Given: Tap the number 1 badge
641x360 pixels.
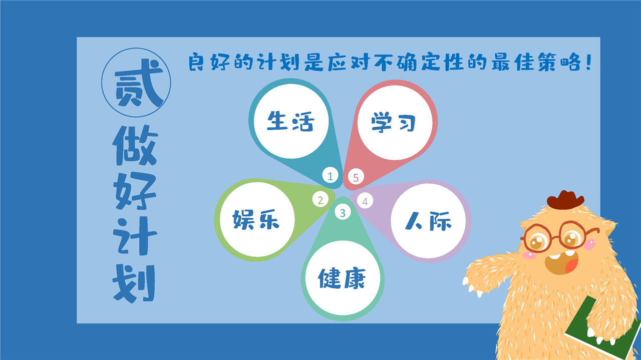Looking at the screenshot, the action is pyautogui.click(x=330, y=175).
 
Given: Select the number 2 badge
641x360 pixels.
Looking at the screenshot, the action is pyautogui.click(x=320, y=199).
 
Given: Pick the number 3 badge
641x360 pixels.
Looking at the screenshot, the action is pyautogui.click(x=343, y=212).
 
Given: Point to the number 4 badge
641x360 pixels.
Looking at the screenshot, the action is pyautogui.click(x=365, y=201).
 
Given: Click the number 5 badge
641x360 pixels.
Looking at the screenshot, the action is pyautogui.click(x=356, y=177).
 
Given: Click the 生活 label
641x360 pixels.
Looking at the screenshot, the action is pyautogui.click(x=290, y=121).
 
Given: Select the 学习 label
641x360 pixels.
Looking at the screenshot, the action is pyautogui.click(x=394, y=123).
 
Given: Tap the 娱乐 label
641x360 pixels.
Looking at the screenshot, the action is pyautogui.click(x=256, y=219).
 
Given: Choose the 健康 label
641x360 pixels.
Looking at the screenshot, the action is pyautogui.click(x=342, y=278).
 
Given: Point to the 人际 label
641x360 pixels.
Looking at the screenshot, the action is pyautogui.click(x=428, y=221).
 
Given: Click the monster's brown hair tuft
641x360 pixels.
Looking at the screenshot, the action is pyautogui.click(x=565, y=199).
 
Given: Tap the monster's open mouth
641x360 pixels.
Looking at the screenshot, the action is pyautogui.click(x=561, y=262).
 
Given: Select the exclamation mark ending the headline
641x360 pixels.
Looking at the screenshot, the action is pyautogui.click(x=588, y=62).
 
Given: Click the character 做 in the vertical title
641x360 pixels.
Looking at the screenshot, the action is pyautogui.click(x=135, y=145).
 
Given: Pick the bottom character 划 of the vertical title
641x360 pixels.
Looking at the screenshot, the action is pyautogui.click(x=134, y=283).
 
